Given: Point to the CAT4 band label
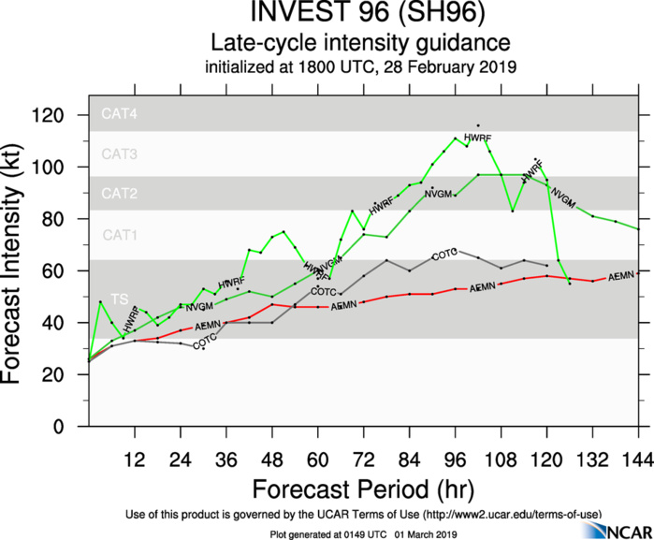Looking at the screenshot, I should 119,114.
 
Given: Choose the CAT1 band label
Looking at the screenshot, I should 119,235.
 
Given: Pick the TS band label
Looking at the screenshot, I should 119,298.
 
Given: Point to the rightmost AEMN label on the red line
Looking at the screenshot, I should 621,277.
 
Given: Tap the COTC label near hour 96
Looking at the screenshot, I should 444,255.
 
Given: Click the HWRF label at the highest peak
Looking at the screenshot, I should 478,139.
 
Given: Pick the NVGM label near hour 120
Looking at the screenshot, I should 562,196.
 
